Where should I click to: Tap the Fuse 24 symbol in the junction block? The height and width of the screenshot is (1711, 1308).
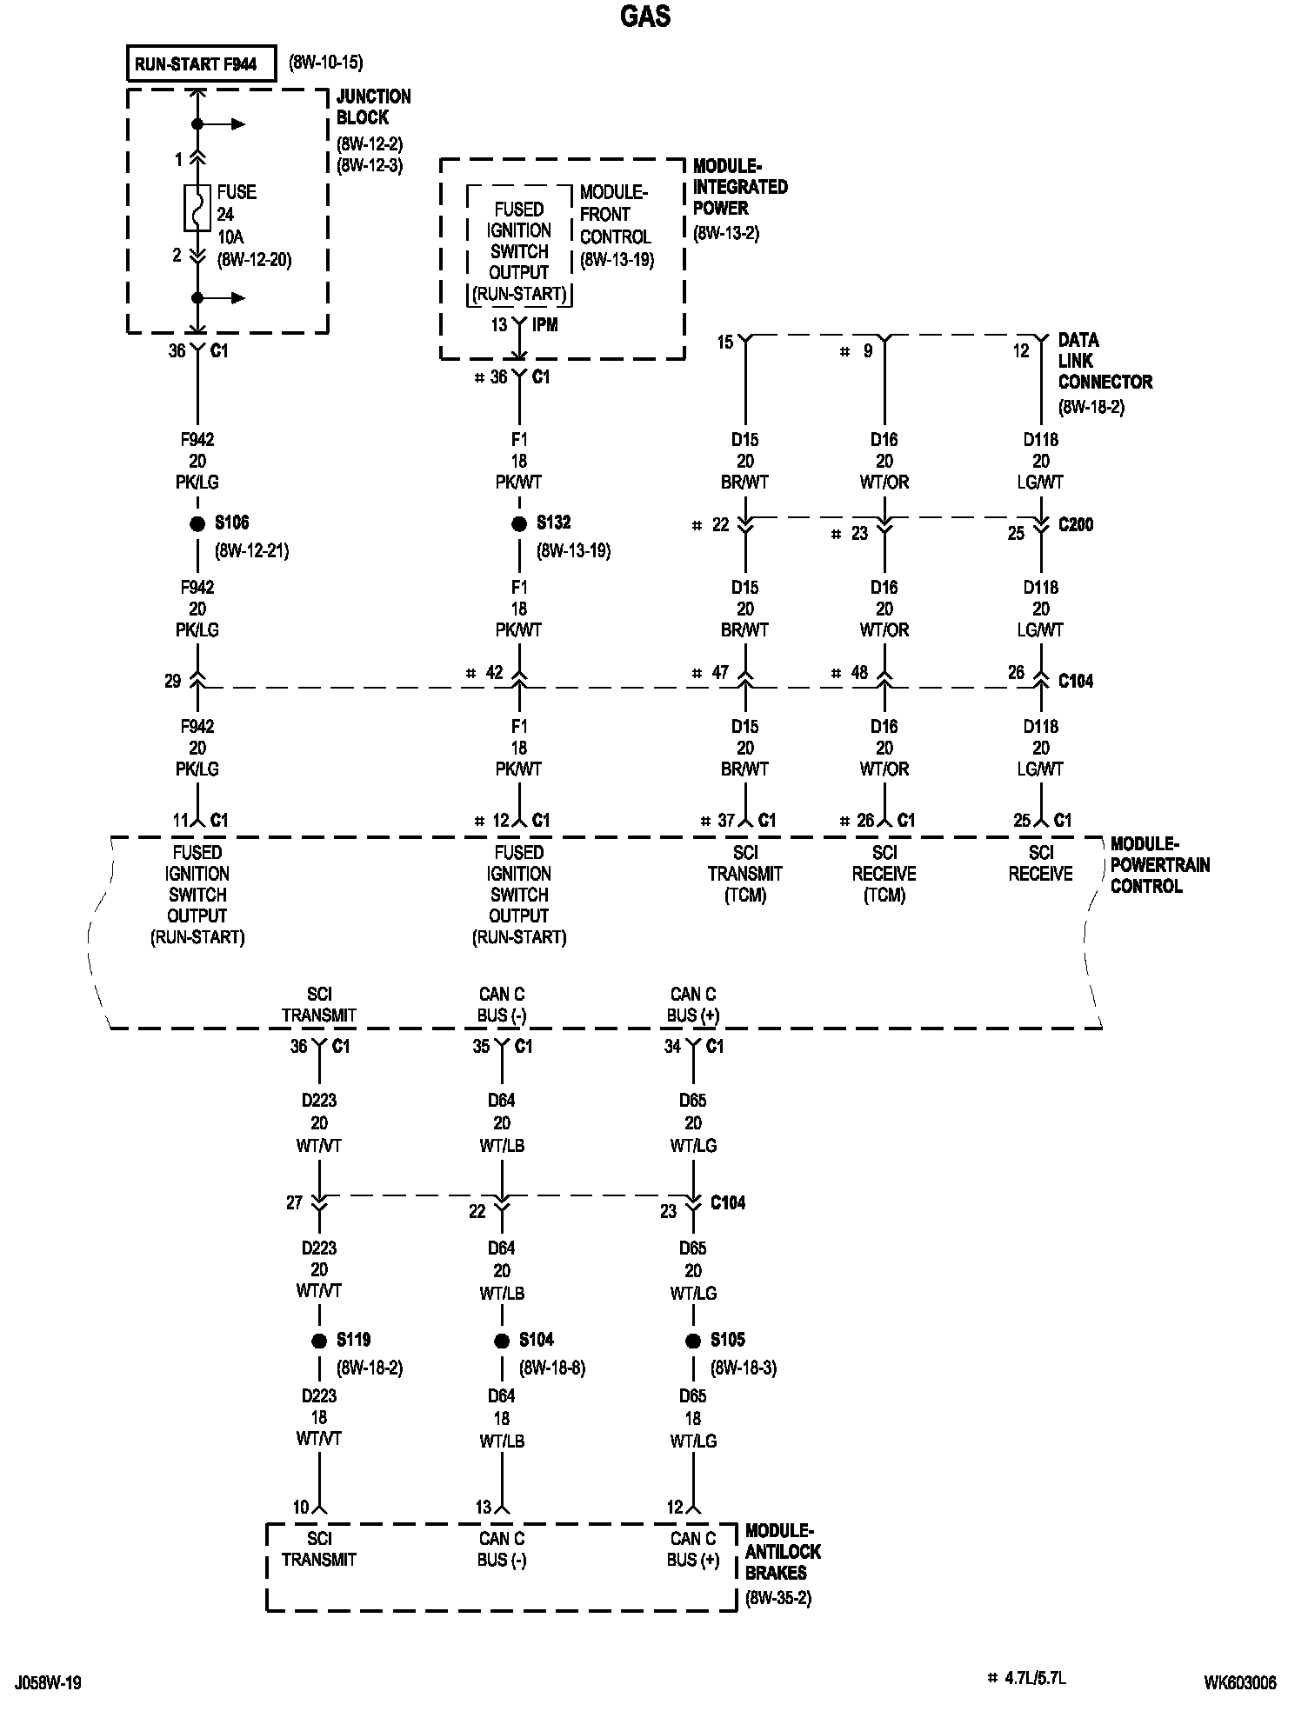point(197,209)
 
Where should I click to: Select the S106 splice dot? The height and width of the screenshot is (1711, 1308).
point(197,524)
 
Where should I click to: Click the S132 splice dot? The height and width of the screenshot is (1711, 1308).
point(519,524)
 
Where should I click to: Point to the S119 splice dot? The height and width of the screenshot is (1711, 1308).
point(319,1342)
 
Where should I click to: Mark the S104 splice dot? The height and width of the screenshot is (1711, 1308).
point(502,1342)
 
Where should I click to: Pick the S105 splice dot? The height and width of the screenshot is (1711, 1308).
point(693,1342)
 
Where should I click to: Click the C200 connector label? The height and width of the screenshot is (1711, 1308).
point(1076,525)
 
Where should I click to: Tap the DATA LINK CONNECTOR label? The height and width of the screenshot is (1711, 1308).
point(1104,361)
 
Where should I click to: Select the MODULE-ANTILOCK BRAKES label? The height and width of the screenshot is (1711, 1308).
point(783,1552)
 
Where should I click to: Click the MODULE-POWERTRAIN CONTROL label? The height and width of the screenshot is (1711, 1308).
point(1159,865)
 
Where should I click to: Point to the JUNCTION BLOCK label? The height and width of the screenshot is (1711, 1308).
point(373,107)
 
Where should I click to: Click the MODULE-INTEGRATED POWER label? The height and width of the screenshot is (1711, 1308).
point(739,187)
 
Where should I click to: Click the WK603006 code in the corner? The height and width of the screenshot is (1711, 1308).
point(1240,1683)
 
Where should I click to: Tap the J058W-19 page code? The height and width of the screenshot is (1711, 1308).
point(48,1683)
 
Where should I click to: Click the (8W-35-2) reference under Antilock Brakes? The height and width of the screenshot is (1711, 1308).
point(778,1598)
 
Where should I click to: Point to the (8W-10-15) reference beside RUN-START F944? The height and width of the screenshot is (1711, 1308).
point(325,63)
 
